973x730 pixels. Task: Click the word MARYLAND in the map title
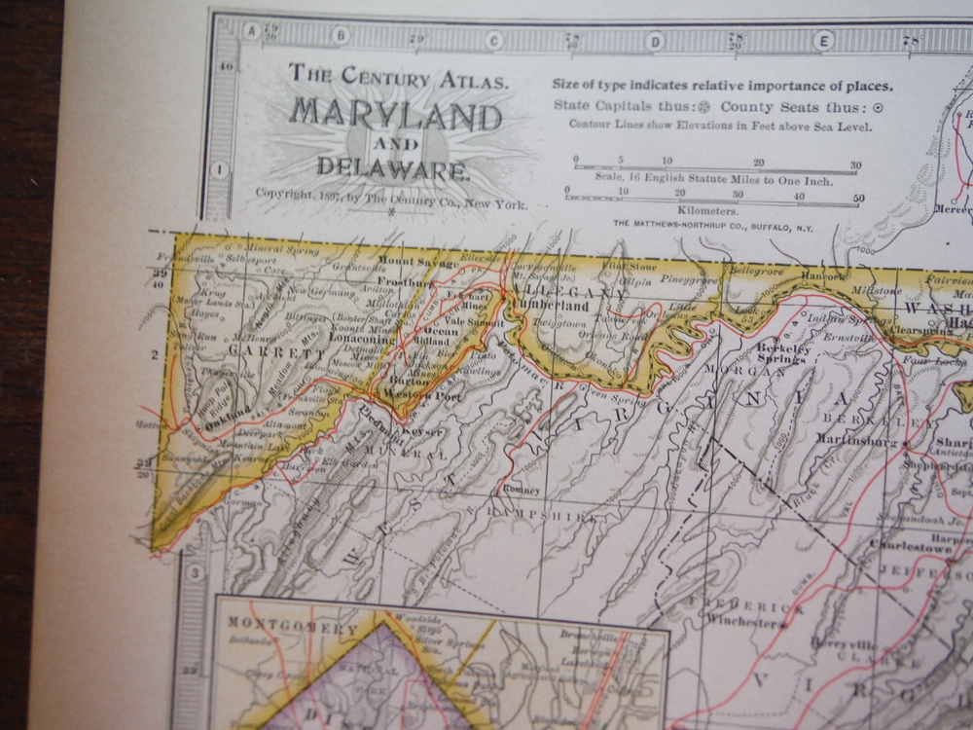(x=394, y=116)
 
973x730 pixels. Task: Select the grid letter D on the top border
(x=655, y=40)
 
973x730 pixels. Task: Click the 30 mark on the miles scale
(x=855, y=166)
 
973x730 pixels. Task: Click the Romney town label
(x=523, y=490)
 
